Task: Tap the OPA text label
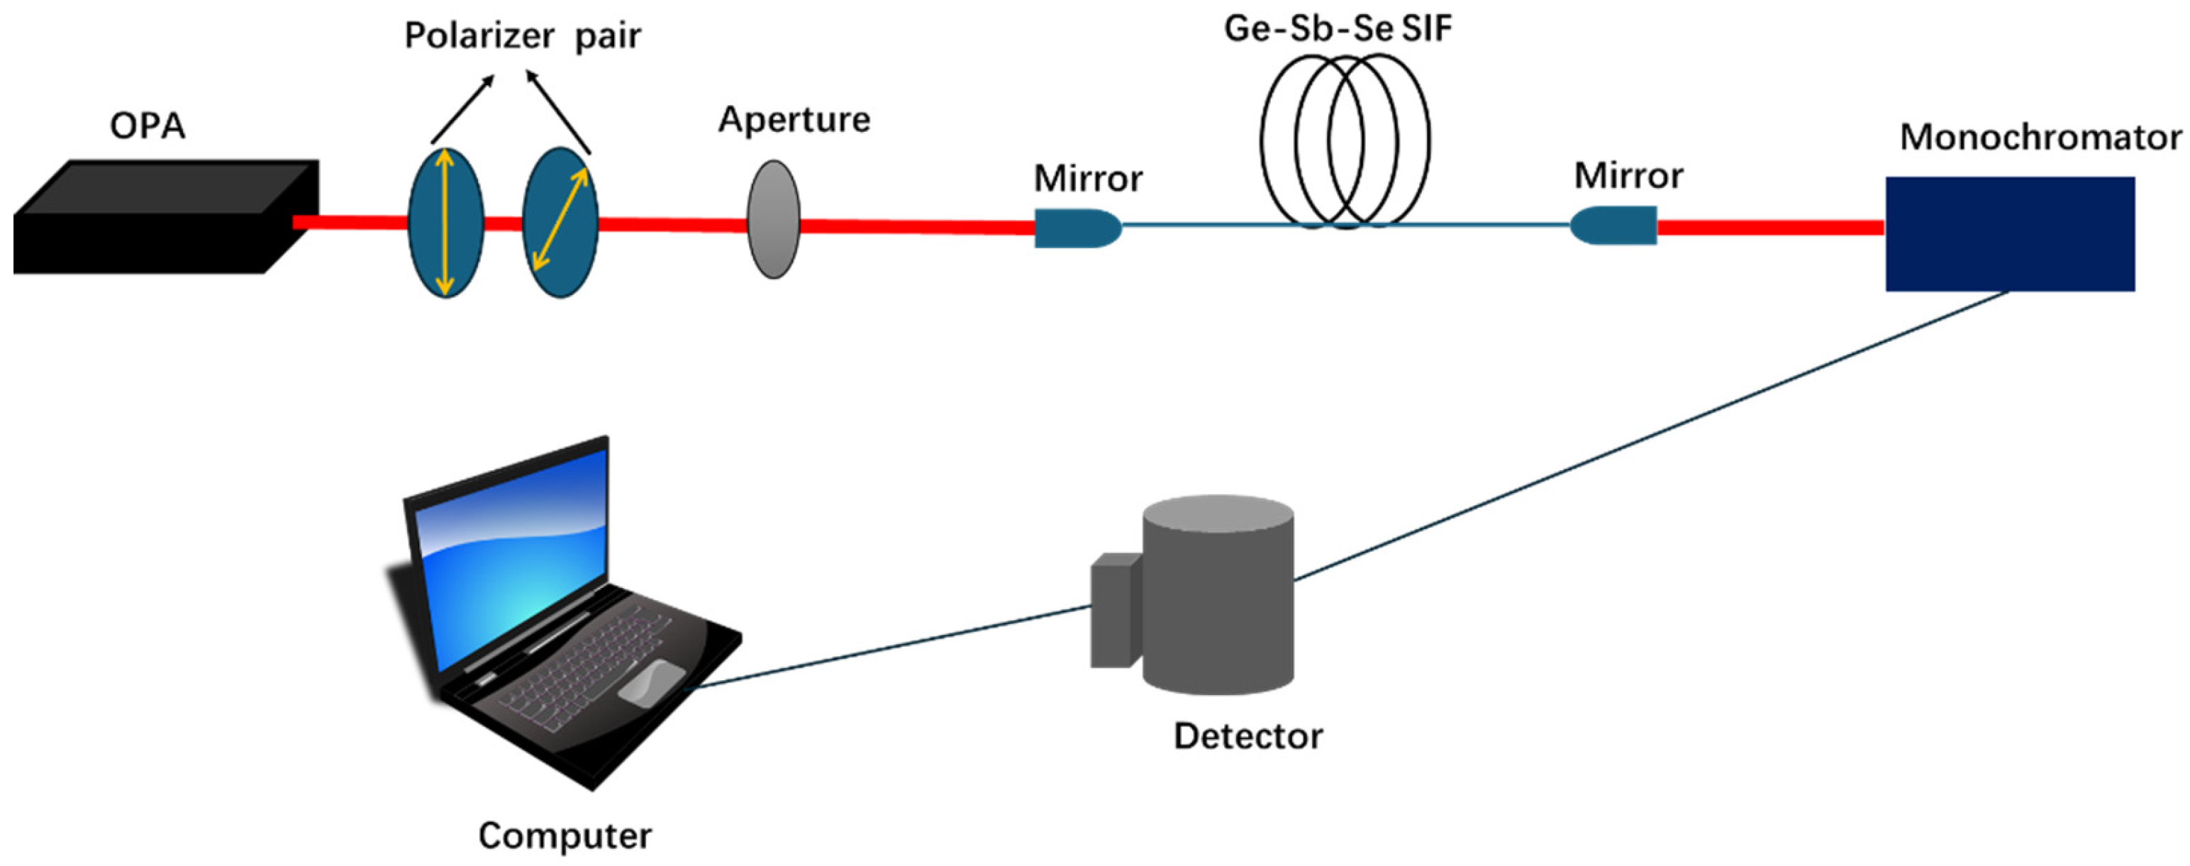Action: click(147, 126)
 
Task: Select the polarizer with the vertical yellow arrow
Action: click(445, 223)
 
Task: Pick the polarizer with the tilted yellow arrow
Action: click(560, 223)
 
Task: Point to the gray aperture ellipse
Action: click(773, 219)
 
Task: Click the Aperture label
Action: click(794, 120)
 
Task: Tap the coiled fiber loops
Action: click(1344, 140)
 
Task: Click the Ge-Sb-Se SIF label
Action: click(1338, 29)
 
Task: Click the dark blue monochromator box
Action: click(2009, 234)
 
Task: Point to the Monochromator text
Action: click(2040, 138)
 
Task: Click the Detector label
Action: click(1247, 736)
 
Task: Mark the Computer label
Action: click(565, 836)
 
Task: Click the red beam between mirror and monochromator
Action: click(1768, 227)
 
